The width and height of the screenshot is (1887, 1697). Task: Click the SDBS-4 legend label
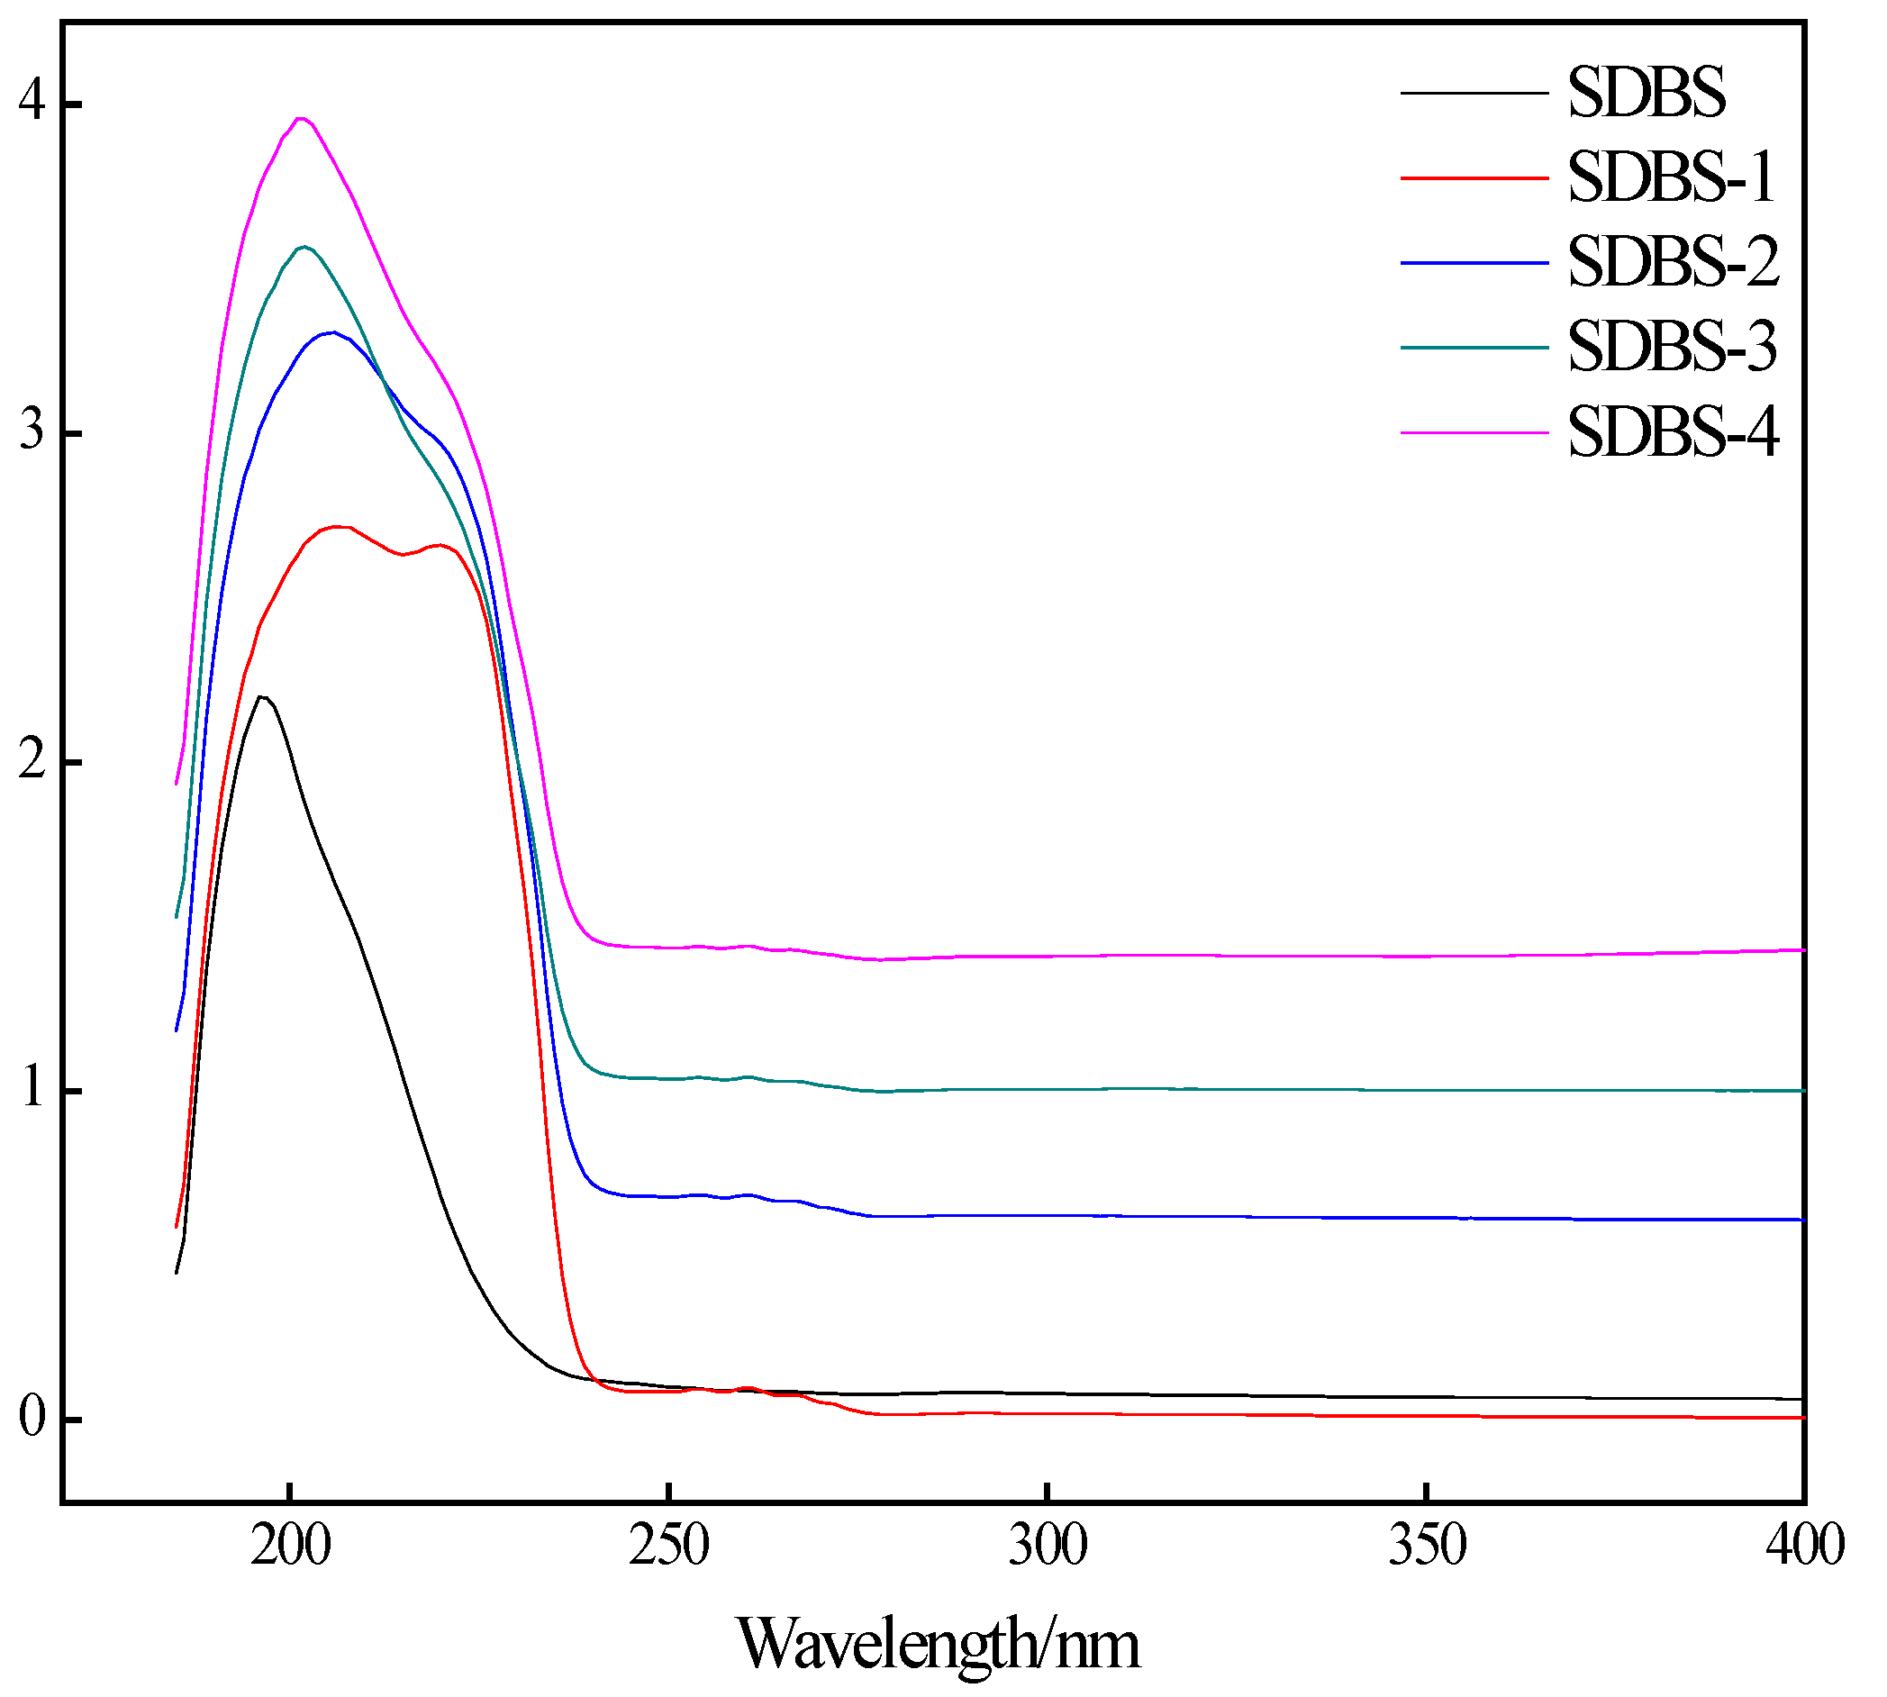pyautogui.click(x=1674, y=432)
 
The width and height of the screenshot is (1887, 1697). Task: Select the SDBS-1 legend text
pyautogui.click(x=1671, y=177)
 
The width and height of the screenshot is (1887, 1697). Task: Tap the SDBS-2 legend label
pyautogui.click(x=1674, y=262)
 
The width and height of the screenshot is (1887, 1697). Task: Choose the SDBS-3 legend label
pyautogui.click(x=1673, y=347)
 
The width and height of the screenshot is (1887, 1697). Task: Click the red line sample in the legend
pyautogui.click(x=1474, y=177)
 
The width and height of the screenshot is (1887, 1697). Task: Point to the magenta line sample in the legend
pyautogui.click(x=1474, y=432)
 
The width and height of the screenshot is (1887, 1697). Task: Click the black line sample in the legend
pyautogui.click(x=1474, y=92)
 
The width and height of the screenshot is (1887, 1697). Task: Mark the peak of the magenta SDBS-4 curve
pyautogui.click(x=300, y=118)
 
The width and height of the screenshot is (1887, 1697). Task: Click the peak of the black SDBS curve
pyautogui.click(x=262, y=697)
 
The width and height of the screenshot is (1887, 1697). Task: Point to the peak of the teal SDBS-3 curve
pyautogui.click(x=304, y=247)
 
